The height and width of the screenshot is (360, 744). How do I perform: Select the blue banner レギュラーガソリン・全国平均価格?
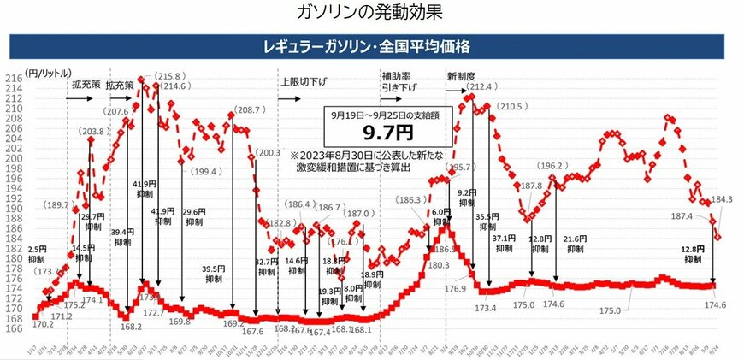(371, 44)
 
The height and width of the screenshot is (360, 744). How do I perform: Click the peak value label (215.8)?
(168, 75)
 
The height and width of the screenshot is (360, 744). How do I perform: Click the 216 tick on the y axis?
(15, 78)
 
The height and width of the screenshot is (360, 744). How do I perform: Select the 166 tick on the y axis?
(15, 328)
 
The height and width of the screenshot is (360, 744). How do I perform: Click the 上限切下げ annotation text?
(304, 82)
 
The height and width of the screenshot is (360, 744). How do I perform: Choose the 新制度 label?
(463, 77)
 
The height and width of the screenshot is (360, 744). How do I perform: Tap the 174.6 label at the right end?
(713, 304)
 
